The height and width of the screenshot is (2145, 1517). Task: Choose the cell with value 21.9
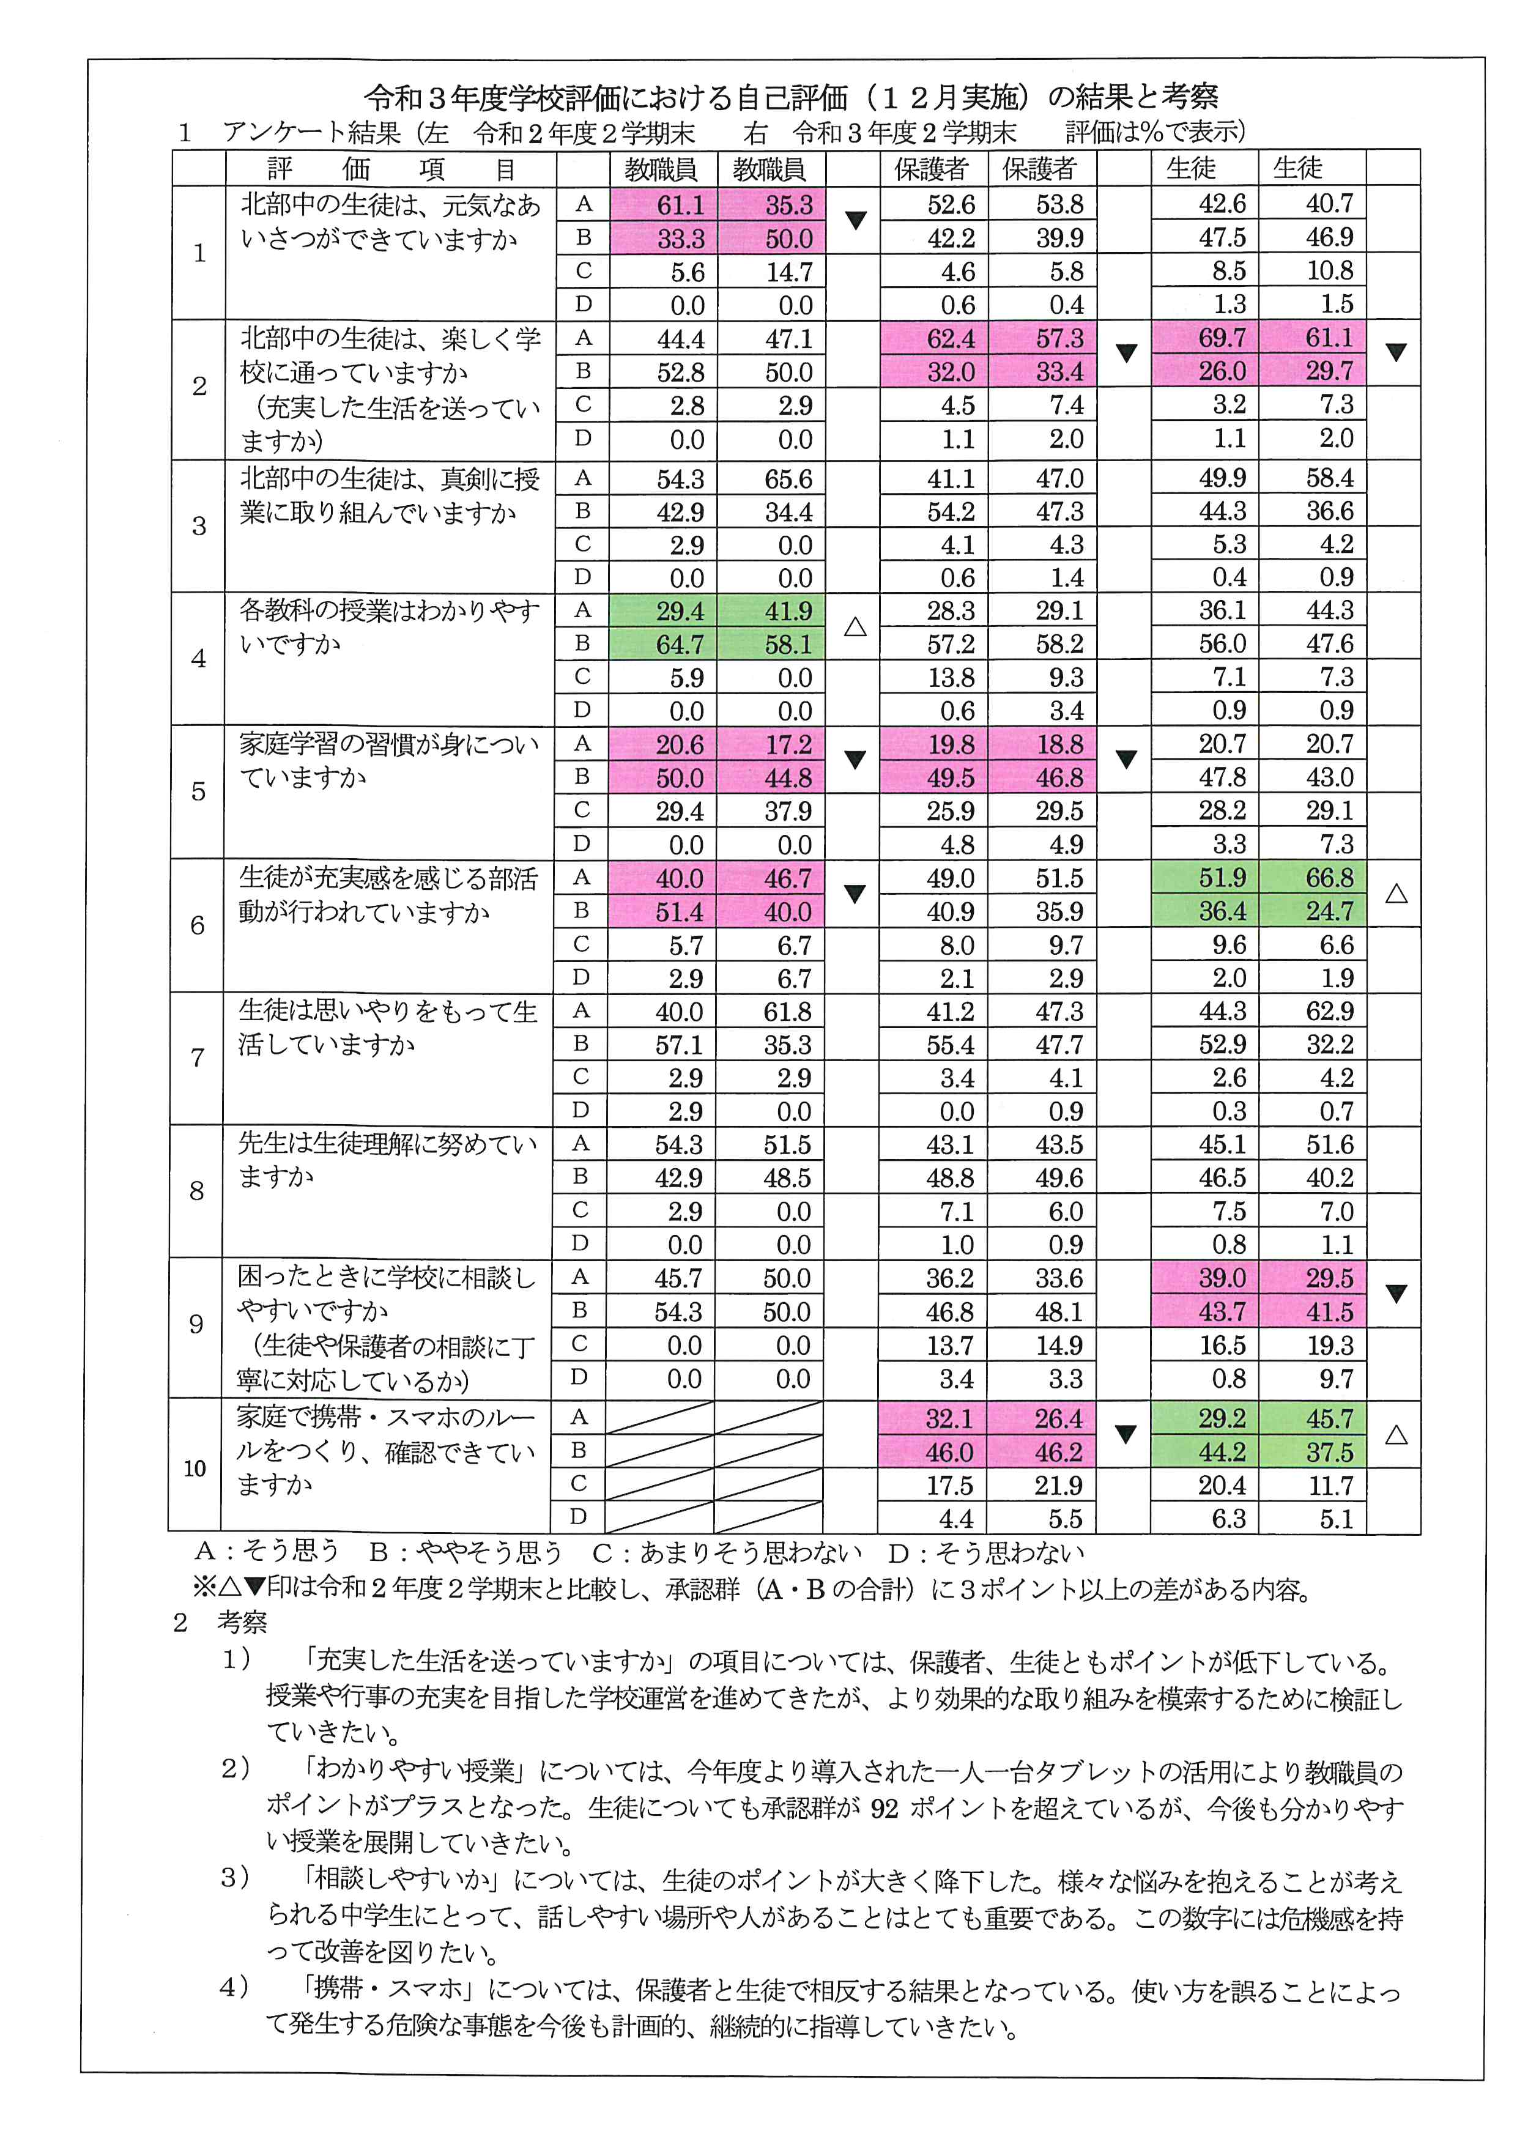[x=1058, y=1486]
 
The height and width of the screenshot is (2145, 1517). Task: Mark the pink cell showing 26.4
[x=1058, y=1419]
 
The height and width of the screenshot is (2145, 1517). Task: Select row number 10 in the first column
[x=195, y=1468]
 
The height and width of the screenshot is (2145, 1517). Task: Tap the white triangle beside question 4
[x=855, y=627]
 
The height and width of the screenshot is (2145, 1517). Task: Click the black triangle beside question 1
[x=855, y=220]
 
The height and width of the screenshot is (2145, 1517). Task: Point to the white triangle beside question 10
[x=1395, y=1434]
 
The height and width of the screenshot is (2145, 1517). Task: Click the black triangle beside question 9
[x=1395, y=1294]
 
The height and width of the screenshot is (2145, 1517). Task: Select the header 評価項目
[x=390, y=169]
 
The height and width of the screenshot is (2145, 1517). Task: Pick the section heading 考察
[x=242, y=1622]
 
